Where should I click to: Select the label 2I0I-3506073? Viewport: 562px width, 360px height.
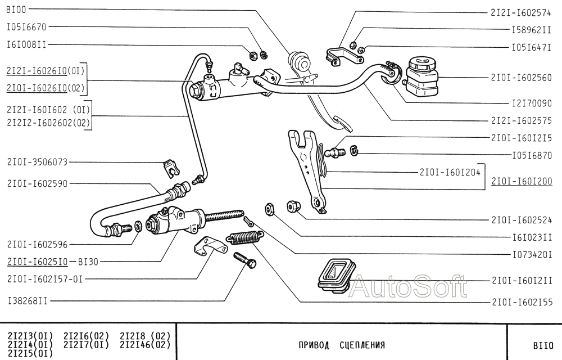38,162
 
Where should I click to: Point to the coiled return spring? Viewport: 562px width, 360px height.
242,237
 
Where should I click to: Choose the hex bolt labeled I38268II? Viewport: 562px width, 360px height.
244,261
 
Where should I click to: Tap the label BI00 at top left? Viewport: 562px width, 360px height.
16,10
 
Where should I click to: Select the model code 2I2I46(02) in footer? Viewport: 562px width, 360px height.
144,344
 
